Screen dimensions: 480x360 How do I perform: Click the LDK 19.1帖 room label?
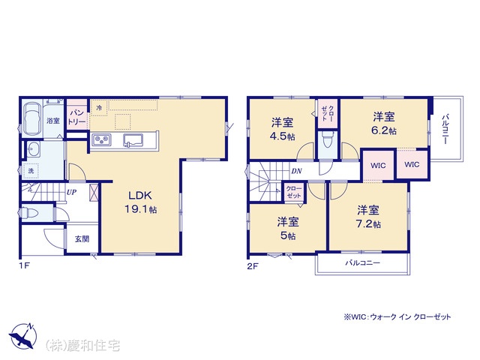point(141,202)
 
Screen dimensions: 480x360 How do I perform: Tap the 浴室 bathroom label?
point(53,121)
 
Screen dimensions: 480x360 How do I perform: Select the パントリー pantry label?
point(76,117)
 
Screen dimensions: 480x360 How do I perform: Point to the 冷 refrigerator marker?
point(99,108)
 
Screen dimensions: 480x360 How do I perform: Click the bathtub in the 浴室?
point(32,118)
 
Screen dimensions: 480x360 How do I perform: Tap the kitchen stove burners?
point(102,140)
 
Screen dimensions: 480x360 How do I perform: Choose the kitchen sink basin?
point(133,140)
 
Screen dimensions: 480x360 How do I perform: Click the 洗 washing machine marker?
point(31,171)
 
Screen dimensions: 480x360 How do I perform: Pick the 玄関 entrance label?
point(82,238)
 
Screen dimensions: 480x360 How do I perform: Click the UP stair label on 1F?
point(72,193)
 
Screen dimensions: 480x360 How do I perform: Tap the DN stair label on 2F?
point(296,171)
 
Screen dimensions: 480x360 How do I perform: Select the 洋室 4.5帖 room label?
point(282,129)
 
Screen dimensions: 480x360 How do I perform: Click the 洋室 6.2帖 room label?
point(384,123)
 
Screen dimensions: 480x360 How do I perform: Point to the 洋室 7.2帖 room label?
point(368,217)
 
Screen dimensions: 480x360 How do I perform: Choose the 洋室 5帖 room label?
point(288,229)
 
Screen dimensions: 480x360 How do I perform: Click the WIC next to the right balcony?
point(412,164)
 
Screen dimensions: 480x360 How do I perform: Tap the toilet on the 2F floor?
point(328,141)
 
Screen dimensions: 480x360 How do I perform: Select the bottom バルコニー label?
point(363,262)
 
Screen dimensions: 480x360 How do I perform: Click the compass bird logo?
point(22,337)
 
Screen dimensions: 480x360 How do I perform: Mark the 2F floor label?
point(253,266)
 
